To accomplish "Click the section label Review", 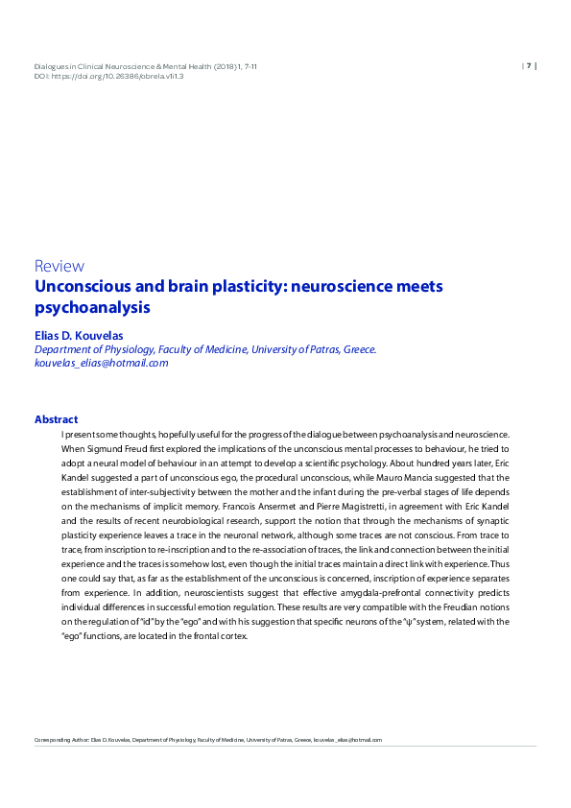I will click(59, 266).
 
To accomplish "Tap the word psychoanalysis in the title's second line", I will click(93, 309).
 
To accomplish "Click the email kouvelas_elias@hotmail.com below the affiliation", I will click(101, 363).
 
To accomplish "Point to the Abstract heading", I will click(56, 419).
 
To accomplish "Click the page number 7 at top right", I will click(528, 65).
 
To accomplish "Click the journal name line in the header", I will click(144, 65).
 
